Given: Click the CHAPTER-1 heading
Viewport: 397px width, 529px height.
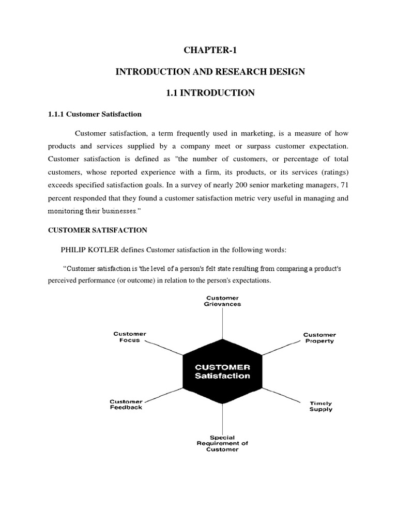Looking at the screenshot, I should click(x=210, y=50).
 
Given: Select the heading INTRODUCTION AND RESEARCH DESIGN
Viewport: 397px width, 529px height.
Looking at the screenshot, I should click(x=210, y=71).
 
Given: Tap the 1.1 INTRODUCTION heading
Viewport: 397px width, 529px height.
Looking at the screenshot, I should click(x=210, y=93).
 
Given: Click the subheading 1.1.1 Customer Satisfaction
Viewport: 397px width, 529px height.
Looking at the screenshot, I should click(x=95, y=114).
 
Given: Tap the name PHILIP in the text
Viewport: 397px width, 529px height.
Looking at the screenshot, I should click(x=75, y=250).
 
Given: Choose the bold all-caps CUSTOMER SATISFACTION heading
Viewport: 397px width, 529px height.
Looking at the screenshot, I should click(x=98, y=230).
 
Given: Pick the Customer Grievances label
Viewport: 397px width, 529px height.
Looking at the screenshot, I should click(x=223, y=301).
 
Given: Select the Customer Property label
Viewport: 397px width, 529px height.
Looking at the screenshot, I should click(x=319, y=338).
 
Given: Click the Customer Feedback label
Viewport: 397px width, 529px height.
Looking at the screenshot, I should click(x=126, y=404).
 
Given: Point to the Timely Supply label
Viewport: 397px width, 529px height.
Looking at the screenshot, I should click(x=321, y=406).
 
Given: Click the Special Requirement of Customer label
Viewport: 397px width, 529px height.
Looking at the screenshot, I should click(x=222, y=443).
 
